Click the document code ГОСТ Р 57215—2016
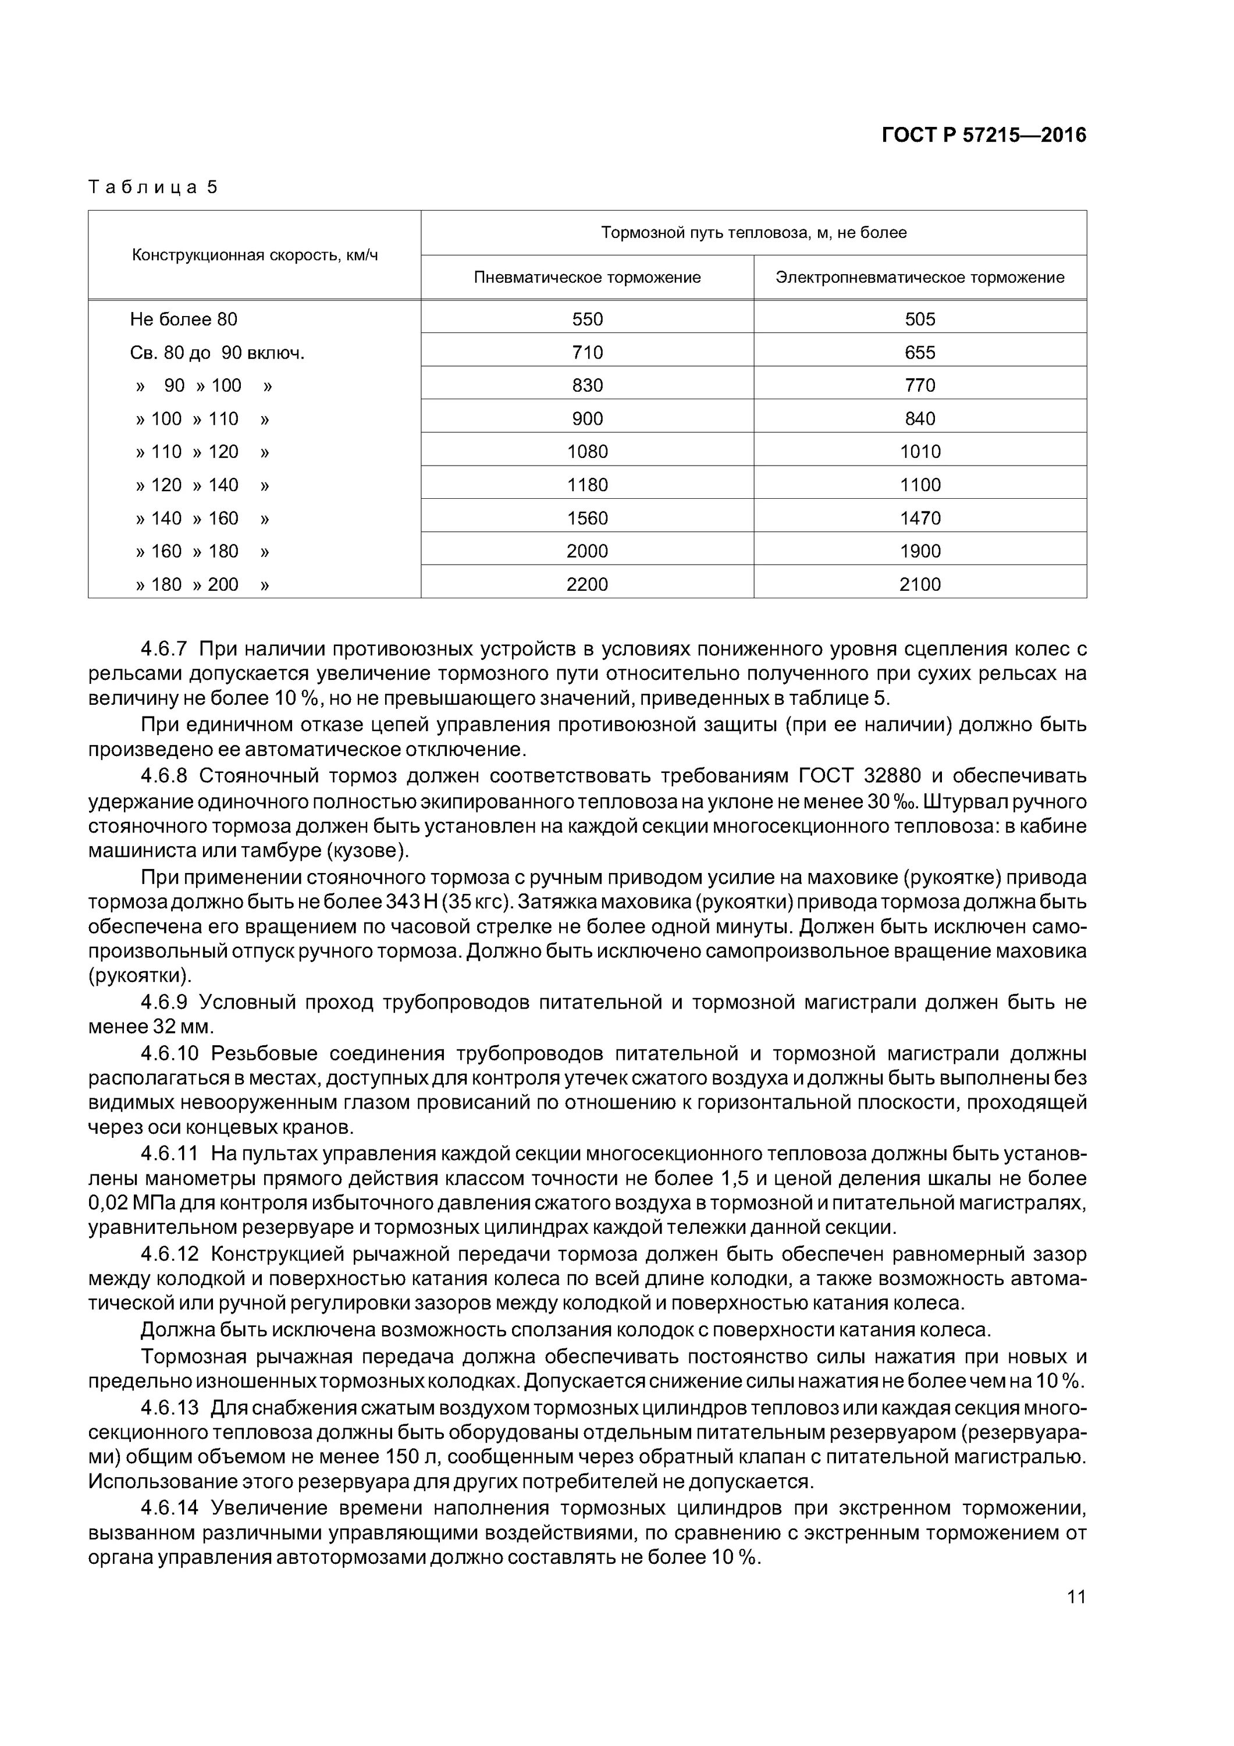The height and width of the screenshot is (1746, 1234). point(984,136)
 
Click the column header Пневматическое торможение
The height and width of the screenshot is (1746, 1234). point(587,278)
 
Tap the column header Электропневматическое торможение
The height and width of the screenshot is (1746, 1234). point(920,278)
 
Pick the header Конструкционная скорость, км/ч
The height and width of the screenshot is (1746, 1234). point(255,255)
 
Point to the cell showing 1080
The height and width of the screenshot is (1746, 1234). point(587,452)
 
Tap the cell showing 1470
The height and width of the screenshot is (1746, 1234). point(920,519)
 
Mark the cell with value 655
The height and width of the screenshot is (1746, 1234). point(920,353)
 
